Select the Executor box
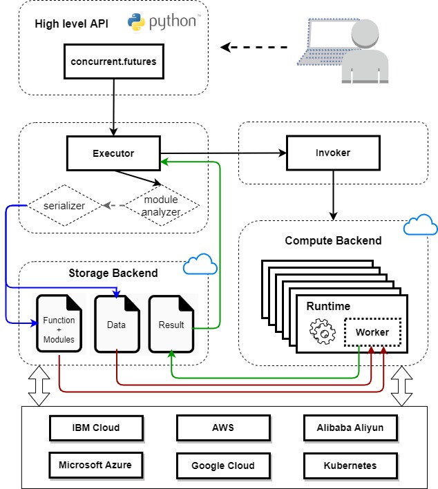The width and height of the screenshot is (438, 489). [x=113, y=153]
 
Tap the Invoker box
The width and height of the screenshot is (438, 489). [x=334, y=153]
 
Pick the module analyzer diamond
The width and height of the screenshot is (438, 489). [x=161, y=205]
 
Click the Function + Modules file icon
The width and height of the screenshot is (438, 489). [x=59, y=325]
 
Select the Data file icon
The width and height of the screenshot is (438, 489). [x=116, y=325]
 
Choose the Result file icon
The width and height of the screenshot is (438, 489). [x=171, y=325]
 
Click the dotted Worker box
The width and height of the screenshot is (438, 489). [x=372, y=332]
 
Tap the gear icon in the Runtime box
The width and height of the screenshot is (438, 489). [x=323, y=332]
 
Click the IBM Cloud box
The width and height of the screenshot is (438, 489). [x=96, y=428]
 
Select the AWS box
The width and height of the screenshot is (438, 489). [x=222, y=428]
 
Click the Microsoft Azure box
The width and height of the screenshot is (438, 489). [x=96, y=465]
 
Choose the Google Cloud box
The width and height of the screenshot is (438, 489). [x=222, y=465]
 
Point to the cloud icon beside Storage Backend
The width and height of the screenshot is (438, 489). [x=199, y=265]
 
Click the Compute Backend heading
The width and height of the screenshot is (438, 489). [x=333, y=241]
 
